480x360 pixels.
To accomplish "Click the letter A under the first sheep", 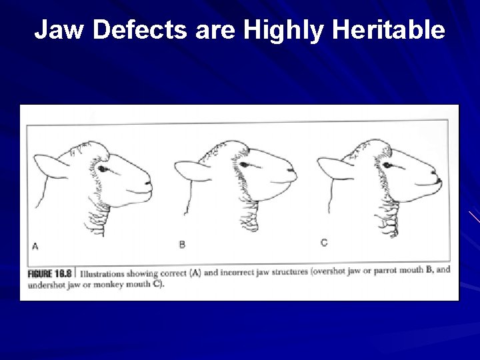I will pyautogui.click(x=36, y=246).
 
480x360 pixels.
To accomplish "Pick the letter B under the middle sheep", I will pyautogui.click(x=182, y=244).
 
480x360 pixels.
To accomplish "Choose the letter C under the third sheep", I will pyautogui.click(x=324, y=243).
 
